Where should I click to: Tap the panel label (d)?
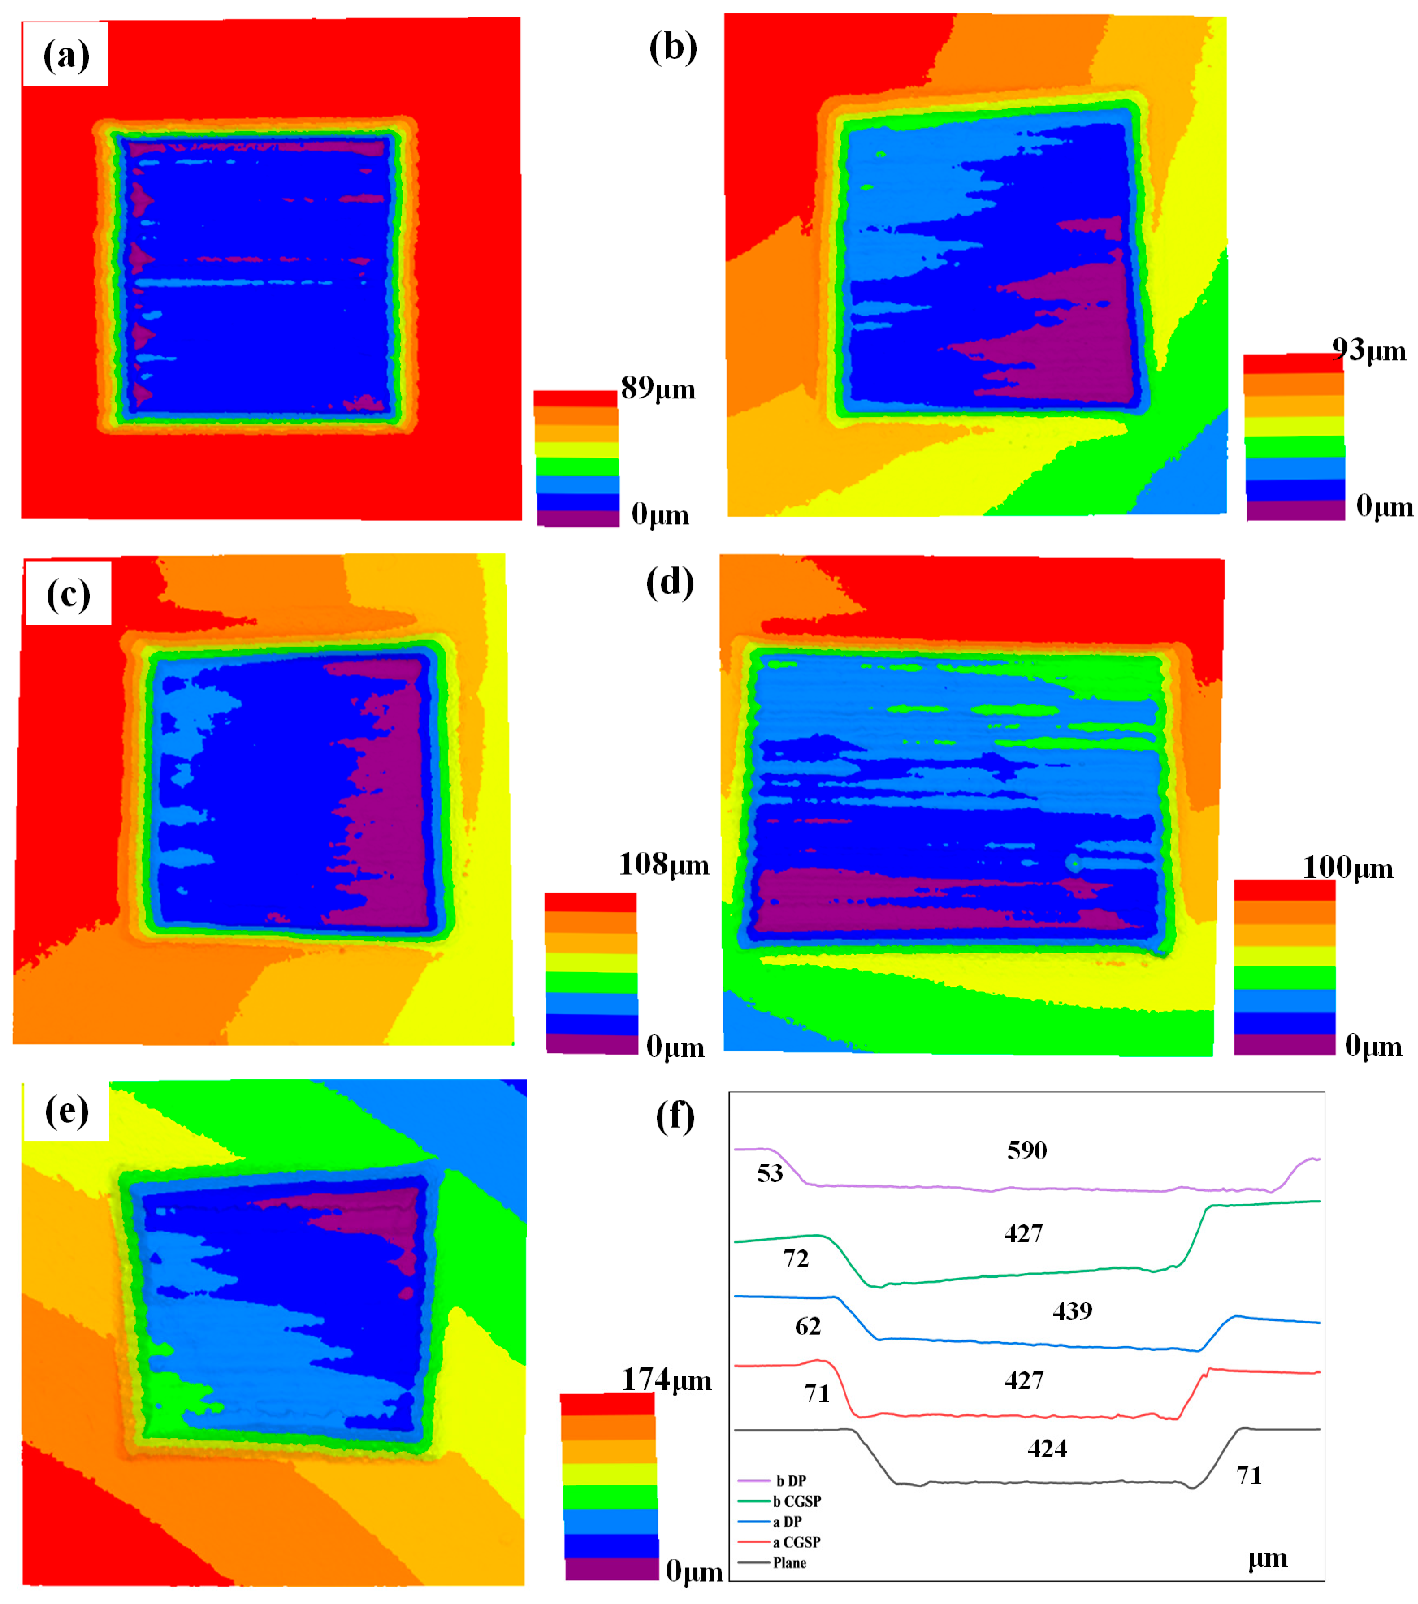670,583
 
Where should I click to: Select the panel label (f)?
674,1116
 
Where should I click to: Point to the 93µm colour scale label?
1368,350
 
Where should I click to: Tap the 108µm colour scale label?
663,864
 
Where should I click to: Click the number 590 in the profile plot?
1026,1150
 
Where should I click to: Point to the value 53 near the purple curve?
769,1173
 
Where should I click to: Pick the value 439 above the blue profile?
1072,1310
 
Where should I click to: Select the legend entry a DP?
787,1522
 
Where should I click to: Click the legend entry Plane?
789,1563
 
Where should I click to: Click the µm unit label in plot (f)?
1267,1559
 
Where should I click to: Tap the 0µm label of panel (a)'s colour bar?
660,515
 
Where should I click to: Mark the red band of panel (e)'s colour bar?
607,1404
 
